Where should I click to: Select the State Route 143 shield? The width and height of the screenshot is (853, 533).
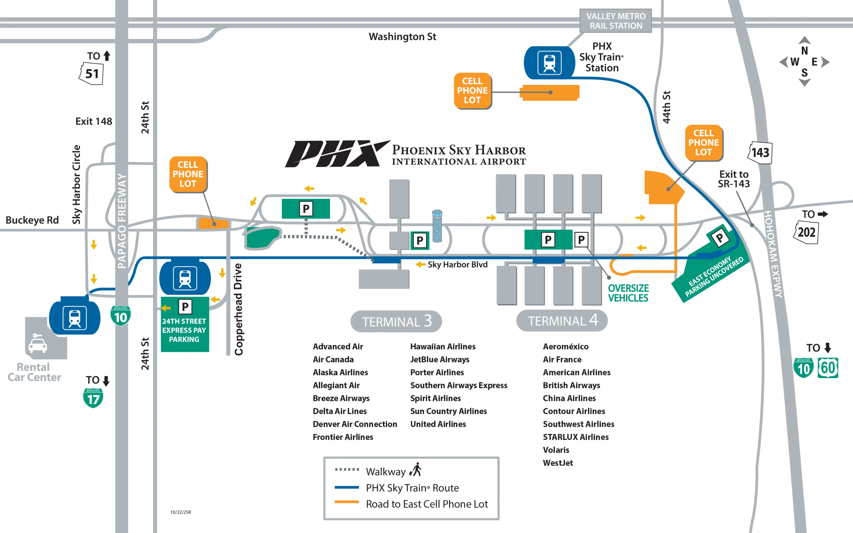[760, 153]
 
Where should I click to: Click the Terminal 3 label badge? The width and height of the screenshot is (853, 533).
[396, 321]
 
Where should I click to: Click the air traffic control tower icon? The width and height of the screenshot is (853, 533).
[437, 226]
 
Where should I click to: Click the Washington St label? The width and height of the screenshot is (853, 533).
[402, 37]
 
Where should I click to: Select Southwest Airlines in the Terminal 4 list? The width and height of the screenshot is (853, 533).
[578, 424]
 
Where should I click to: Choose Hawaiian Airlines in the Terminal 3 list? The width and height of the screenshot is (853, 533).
[443, 347]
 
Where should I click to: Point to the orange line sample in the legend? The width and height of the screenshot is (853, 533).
[346, 502]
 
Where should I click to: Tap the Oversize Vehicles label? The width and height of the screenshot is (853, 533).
[628, 293]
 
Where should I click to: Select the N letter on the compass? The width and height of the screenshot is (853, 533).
[804, 51]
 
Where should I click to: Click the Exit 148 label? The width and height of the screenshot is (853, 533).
[94, 121]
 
